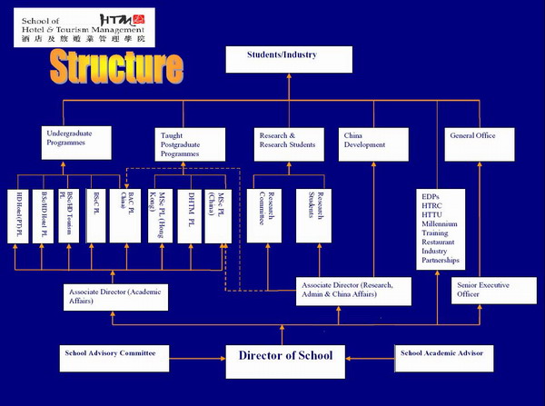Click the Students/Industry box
pyautogui.click(x=288, y=61)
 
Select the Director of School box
pyautogui.click(x=285, y=357)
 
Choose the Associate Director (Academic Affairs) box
pyautogui.click(x=117, y=297)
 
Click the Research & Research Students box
pyautogui.click(x=288, y=142)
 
